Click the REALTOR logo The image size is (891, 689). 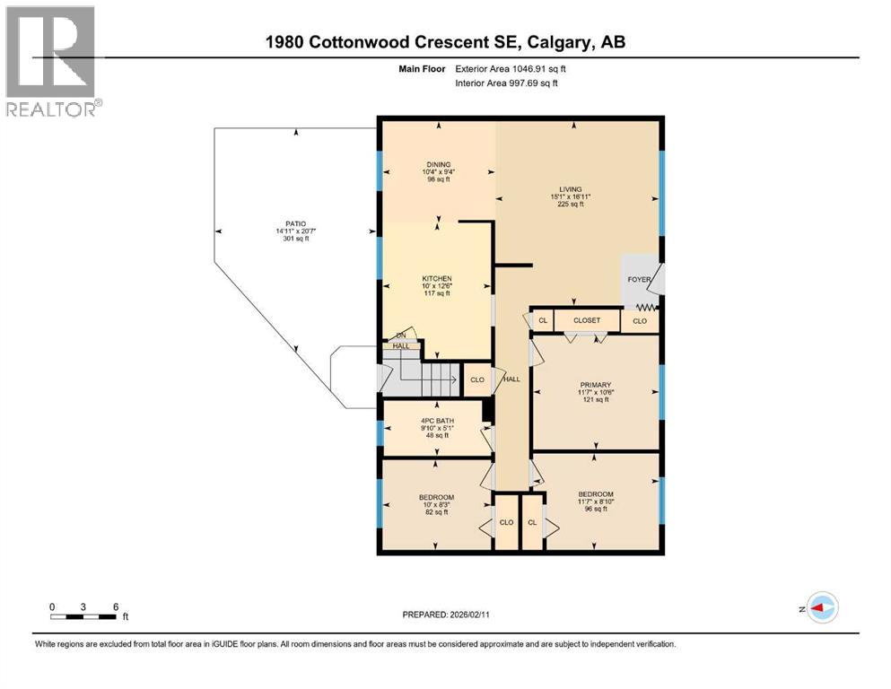coord(51,61)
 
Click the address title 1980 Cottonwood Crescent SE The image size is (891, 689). coord(445,42)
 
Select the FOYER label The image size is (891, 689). coord(640,279)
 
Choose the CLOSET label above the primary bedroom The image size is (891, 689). coord(586,320)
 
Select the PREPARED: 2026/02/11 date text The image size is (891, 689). coord(445,615)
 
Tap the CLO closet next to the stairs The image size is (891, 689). coord(477,379)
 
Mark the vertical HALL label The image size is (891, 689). coord(511,379)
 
